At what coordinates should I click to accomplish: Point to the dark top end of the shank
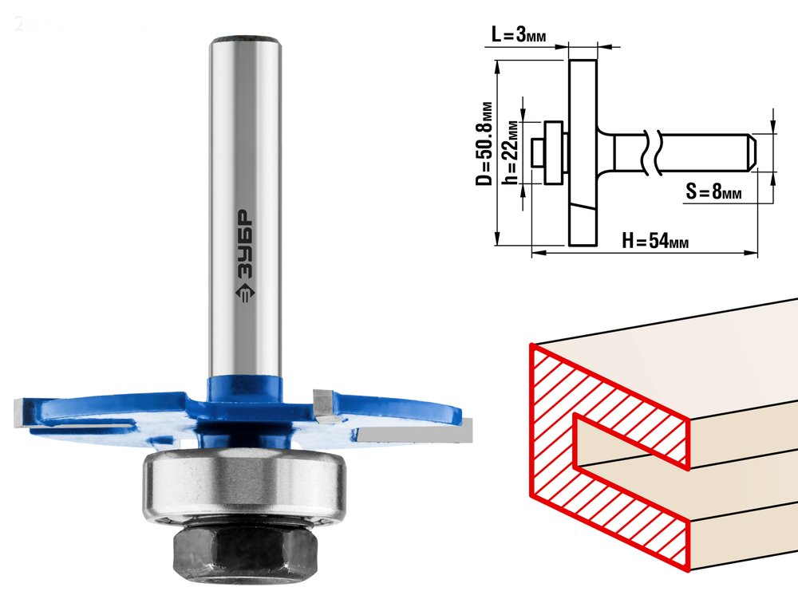[x=245, y=40]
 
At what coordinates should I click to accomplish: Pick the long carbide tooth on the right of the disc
[x=415, y=433]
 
